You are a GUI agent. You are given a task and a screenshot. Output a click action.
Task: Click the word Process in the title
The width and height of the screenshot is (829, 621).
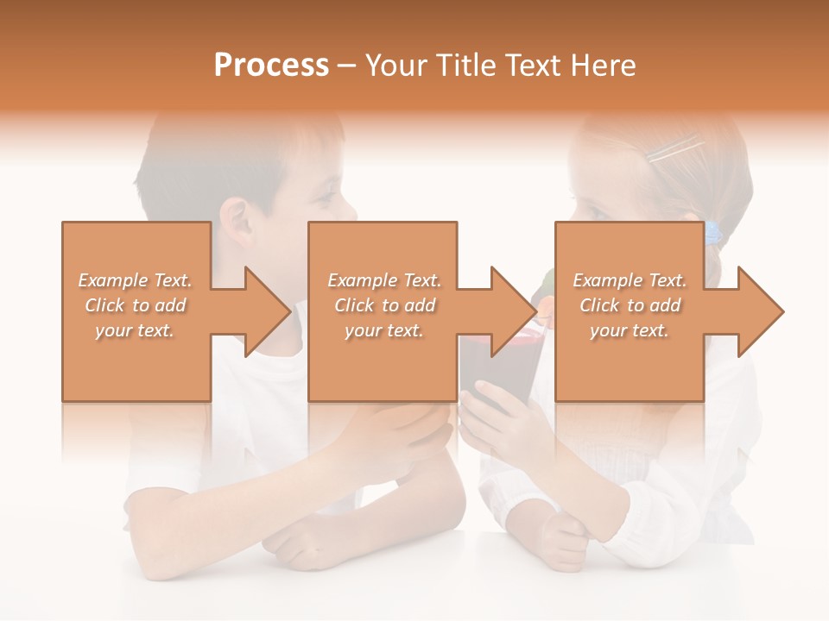(271, 66)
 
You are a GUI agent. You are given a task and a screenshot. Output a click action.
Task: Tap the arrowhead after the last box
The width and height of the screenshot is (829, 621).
(759, 311)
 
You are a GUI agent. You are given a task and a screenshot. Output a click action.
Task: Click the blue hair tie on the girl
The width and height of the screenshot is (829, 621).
(712, 233)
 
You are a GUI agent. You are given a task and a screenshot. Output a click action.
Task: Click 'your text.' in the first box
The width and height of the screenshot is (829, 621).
(135, 330)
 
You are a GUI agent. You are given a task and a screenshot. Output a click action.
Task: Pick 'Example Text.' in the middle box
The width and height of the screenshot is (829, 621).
(384, 280)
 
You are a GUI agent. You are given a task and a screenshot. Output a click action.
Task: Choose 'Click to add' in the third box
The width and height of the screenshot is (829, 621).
(630, 305)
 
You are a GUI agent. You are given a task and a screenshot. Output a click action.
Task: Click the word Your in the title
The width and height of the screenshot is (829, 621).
(395, 66)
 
